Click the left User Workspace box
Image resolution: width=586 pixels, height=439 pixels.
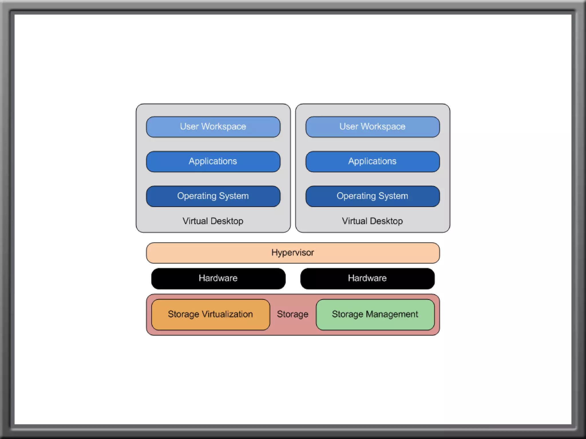click(x=213, y=127)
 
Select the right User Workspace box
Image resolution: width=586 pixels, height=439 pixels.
click(x=373, y=127)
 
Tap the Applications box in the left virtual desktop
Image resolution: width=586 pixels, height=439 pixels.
click(x=213, y=161)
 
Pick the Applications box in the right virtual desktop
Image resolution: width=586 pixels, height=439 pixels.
click(x=373, y=161)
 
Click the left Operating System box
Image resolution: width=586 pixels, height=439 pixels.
click(x=213, y=196)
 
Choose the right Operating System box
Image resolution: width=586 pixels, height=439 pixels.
click(x=373, y=196)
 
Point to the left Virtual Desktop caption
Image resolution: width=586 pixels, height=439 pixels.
click(x=213, y=221)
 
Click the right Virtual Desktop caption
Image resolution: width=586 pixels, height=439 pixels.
click(x=372, y=221)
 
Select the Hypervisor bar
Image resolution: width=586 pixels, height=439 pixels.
click(x=293, y=253)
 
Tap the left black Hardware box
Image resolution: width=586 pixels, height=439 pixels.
click(x=218, y=278)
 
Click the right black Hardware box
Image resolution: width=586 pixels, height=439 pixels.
click(x=367, y=278)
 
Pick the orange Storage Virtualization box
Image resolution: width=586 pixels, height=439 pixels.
click(x=211, y=314)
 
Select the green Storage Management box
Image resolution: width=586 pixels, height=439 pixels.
click(x=375, y=314)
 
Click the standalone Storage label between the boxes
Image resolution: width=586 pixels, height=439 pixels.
click(x=292, y=314)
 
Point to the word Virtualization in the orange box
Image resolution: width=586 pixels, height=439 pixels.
click(x=227, y=314)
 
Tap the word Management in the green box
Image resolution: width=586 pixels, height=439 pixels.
click(x=392, y=314)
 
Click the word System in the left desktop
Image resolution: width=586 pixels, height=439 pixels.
click(x=233, y=196)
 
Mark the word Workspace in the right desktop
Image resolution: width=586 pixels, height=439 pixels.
click(x=383, y=127)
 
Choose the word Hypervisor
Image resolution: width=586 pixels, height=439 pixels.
click(x=292, y=253)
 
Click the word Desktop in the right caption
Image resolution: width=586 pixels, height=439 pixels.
click(x=386, y=221)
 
